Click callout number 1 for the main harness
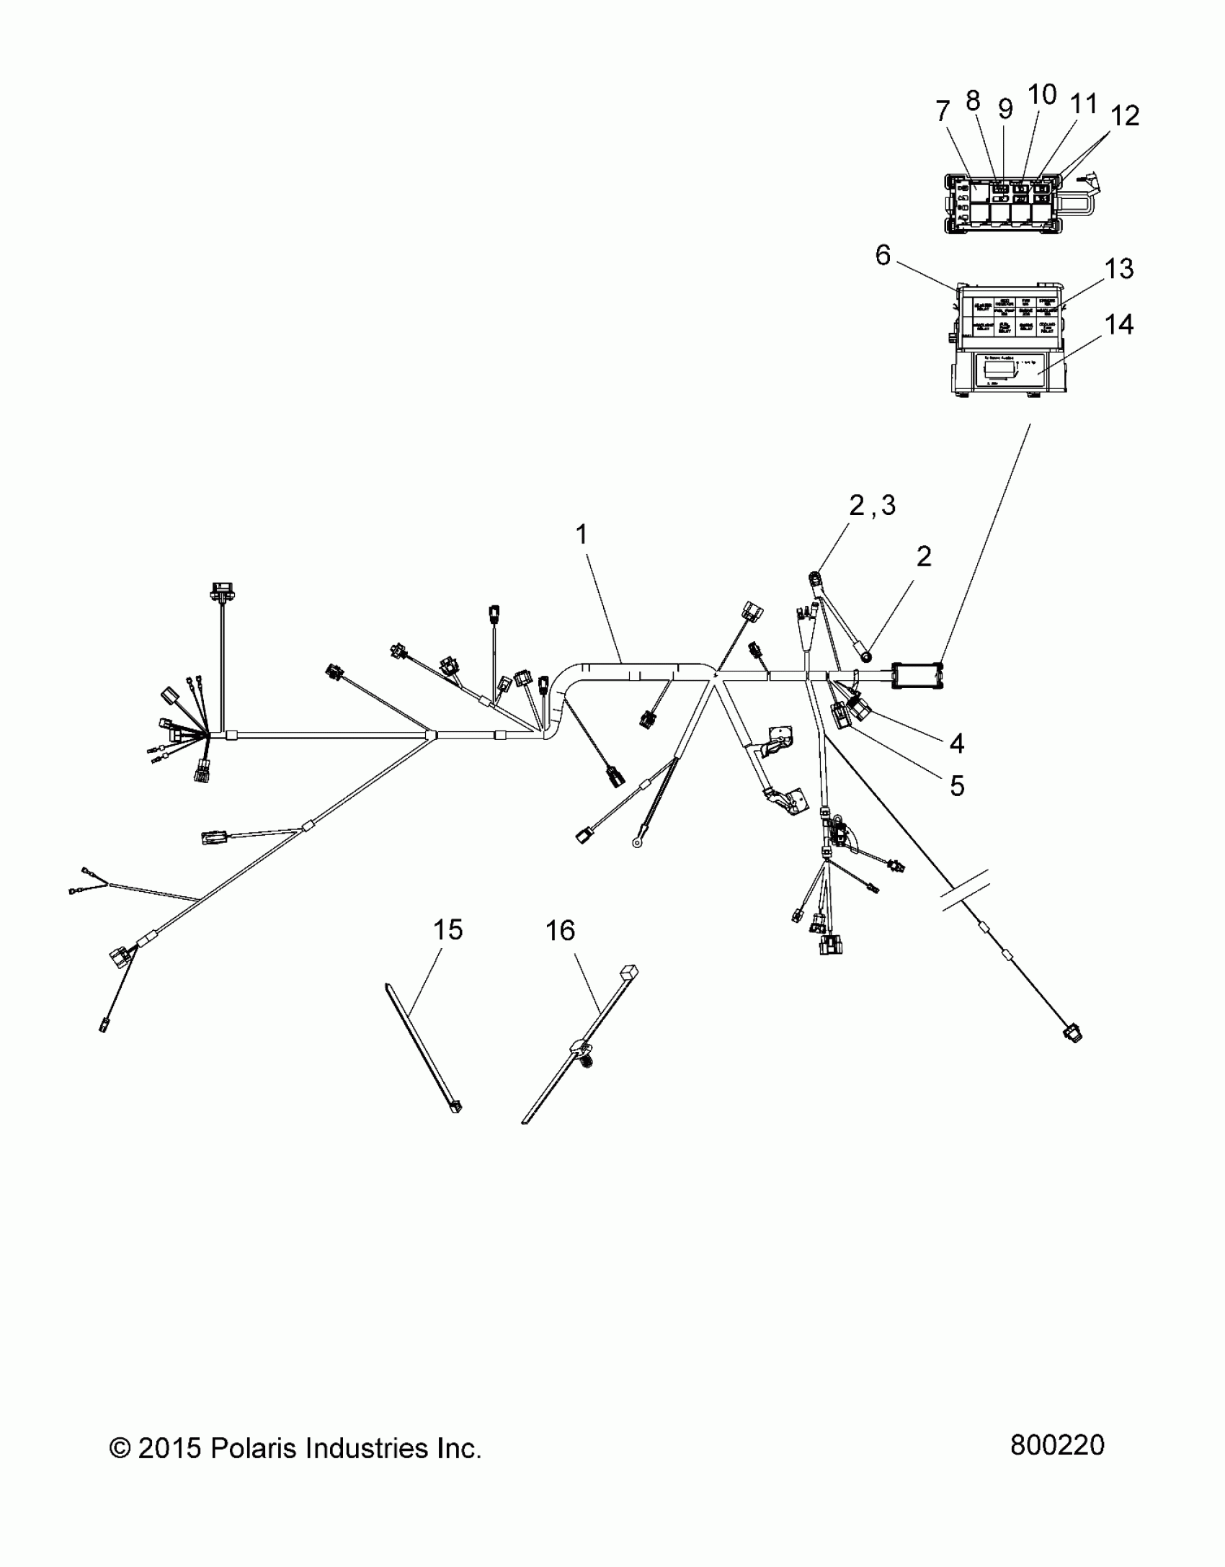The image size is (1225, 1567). pos(582,535)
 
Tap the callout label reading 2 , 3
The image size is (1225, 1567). pos(872,506)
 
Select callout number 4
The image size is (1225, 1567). pos(956,743)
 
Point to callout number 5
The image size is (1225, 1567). pos(956,786)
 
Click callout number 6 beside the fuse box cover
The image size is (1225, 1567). pos(883,256)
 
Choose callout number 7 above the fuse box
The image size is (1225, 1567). pos(943,112)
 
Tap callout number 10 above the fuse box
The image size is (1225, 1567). pos(1042,94)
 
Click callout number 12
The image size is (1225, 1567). pos(1125,116)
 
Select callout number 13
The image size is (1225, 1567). pos(1119,269)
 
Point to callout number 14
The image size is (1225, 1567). pos(1119,325)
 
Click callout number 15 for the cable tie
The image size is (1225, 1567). pos(447,930)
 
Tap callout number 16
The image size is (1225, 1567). pos(560,932)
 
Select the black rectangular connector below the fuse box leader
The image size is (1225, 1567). pos(917,676)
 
